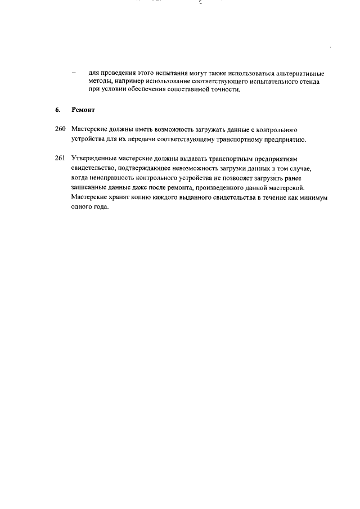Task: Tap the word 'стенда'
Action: coord(308,82)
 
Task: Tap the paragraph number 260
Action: coord(61,129)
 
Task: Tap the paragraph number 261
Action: coord(61,159)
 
